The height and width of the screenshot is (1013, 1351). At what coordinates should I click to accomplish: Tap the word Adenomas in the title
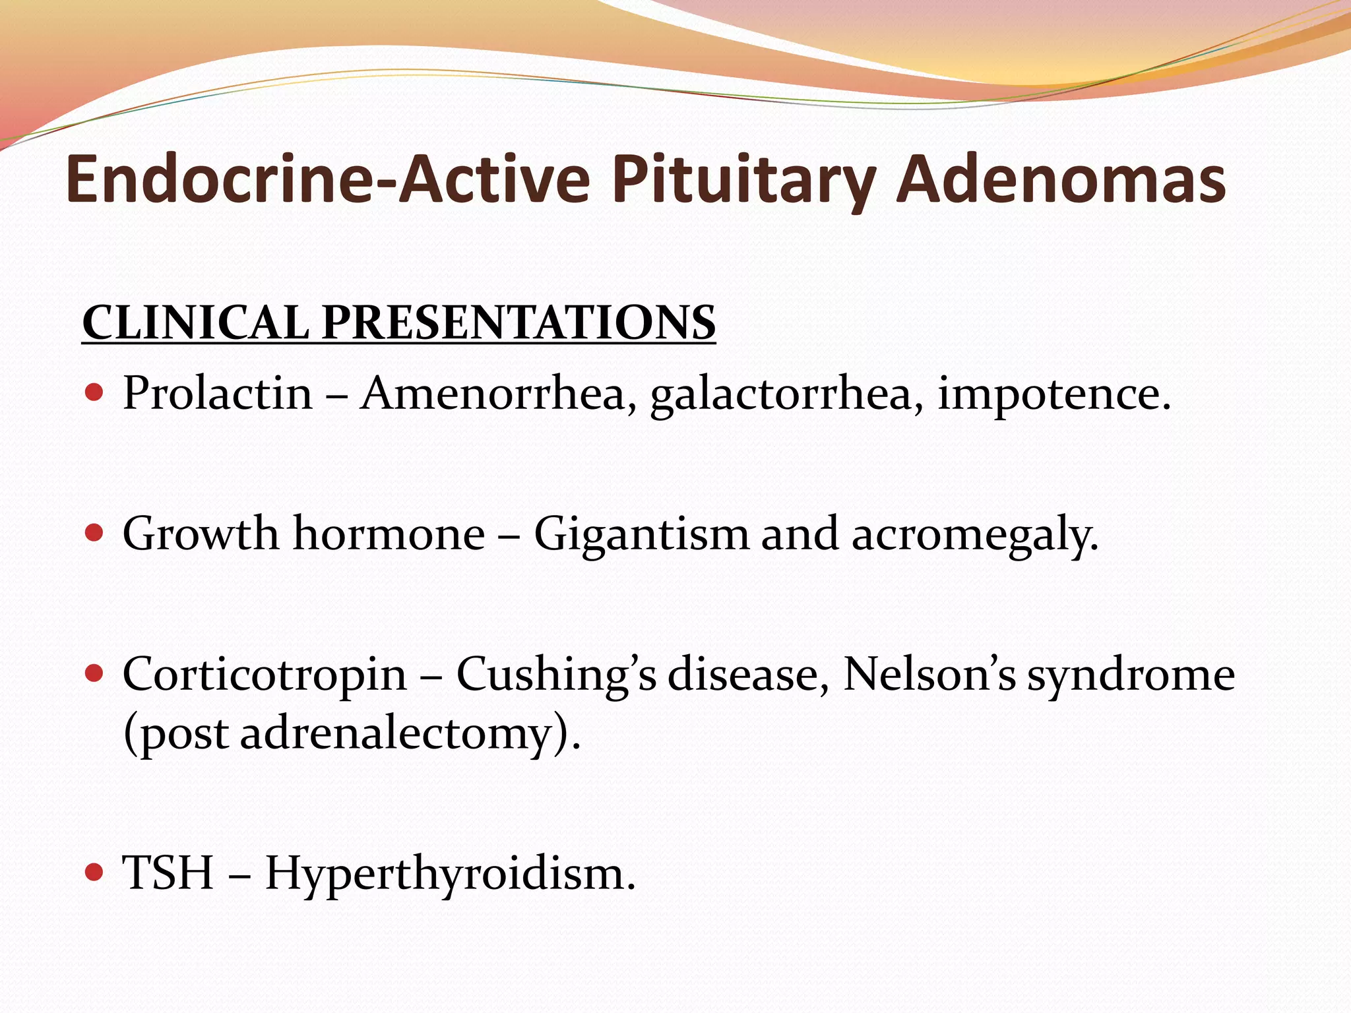click(x=1061, y=179)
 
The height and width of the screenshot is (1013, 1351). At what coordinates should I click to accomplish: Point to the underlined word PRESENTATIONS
click(x=518, y=322)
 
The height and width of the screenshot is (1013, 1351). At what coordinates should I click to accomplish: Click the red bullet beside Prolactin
click(x=95, y=393)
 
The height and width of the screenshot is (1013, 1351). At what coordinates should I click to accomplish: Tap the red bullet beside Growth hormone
click(x=95, y=533)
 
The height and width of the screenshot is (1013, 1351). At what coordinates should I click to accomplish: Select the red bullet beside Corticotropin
click(x=95, y=673)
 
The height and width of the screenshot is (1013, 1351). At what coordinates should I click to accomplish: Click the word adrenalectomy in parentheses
click(x=395, y=734)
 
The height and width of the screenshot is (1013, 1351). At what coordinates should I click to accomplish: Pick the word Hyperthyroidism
click(x=450, y=874)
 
